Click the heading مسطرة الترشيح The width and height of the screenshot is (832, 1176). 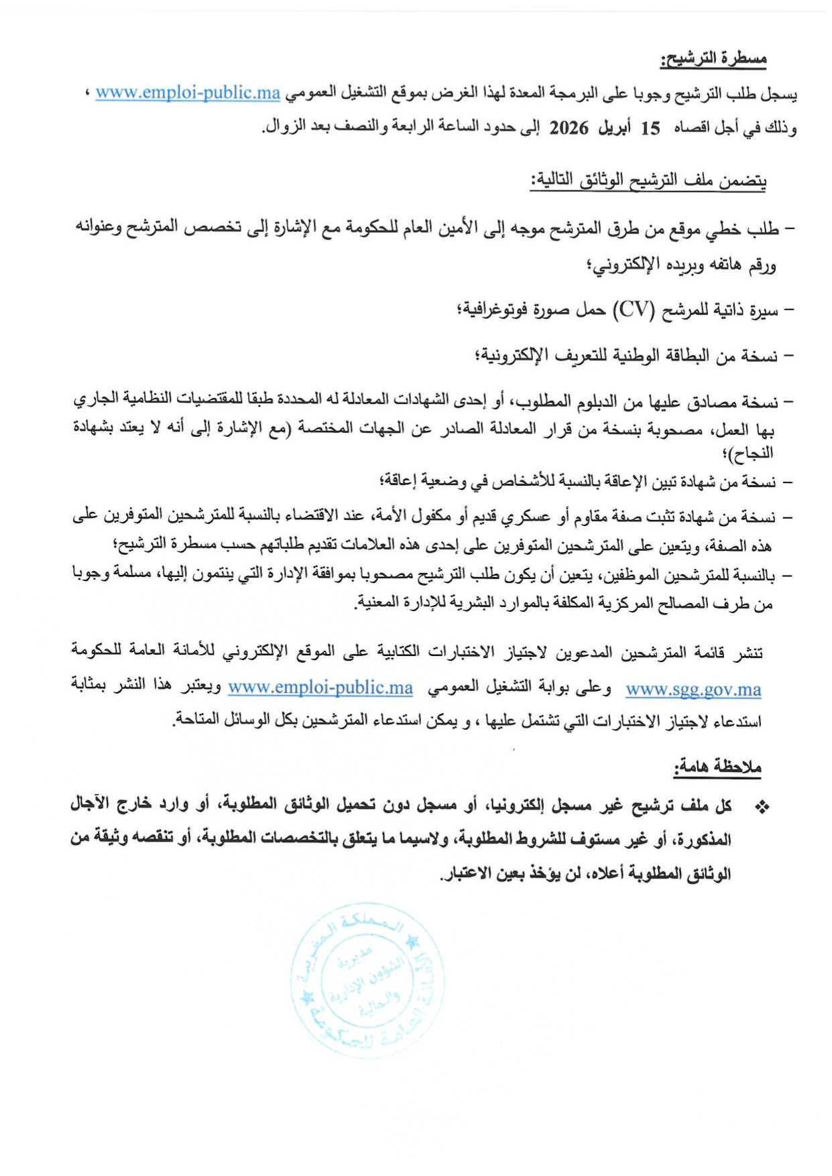pos(713,60)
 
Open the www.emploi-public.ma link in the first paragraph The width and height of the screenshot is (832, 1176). pos(188,93)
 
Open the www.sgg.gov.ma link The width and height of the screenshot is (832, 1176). pos(693,690)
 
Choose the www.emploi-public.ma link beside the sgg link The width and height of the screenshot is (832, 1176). pos(320,688)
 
